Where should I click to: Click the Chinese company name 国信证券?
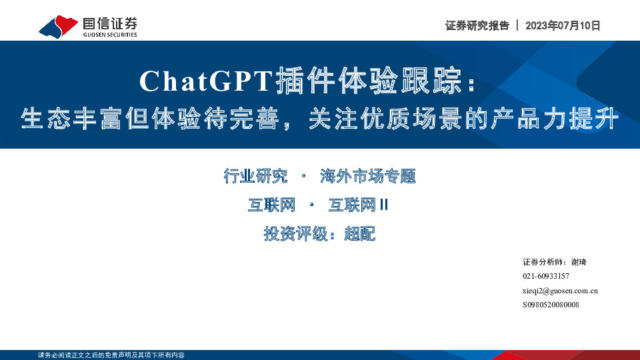click(109, 23)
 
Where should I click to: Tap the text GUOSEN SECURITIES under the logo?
click(110, 35)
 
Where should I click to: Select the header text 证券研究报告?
click(477, 26)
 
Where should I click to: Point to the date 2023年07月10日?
click(563, 26)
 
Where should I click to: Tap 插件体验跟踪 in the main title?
click(370, 81)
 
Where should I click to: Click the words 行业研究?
click(256, 177)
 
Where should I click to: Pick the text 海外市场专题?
click(367, 177)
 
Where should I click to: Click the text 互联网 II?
click(358, 205)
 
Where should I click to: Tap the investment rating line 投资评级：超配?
click(320, 234)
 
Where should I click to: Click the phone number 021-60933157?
click(546, 276)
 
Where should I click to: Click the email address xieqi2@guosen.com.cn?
click(560, 291)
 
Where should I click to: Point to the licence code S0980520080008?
click(551, 305)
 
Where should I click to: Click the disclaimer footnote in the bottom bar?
click(111, 355)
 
